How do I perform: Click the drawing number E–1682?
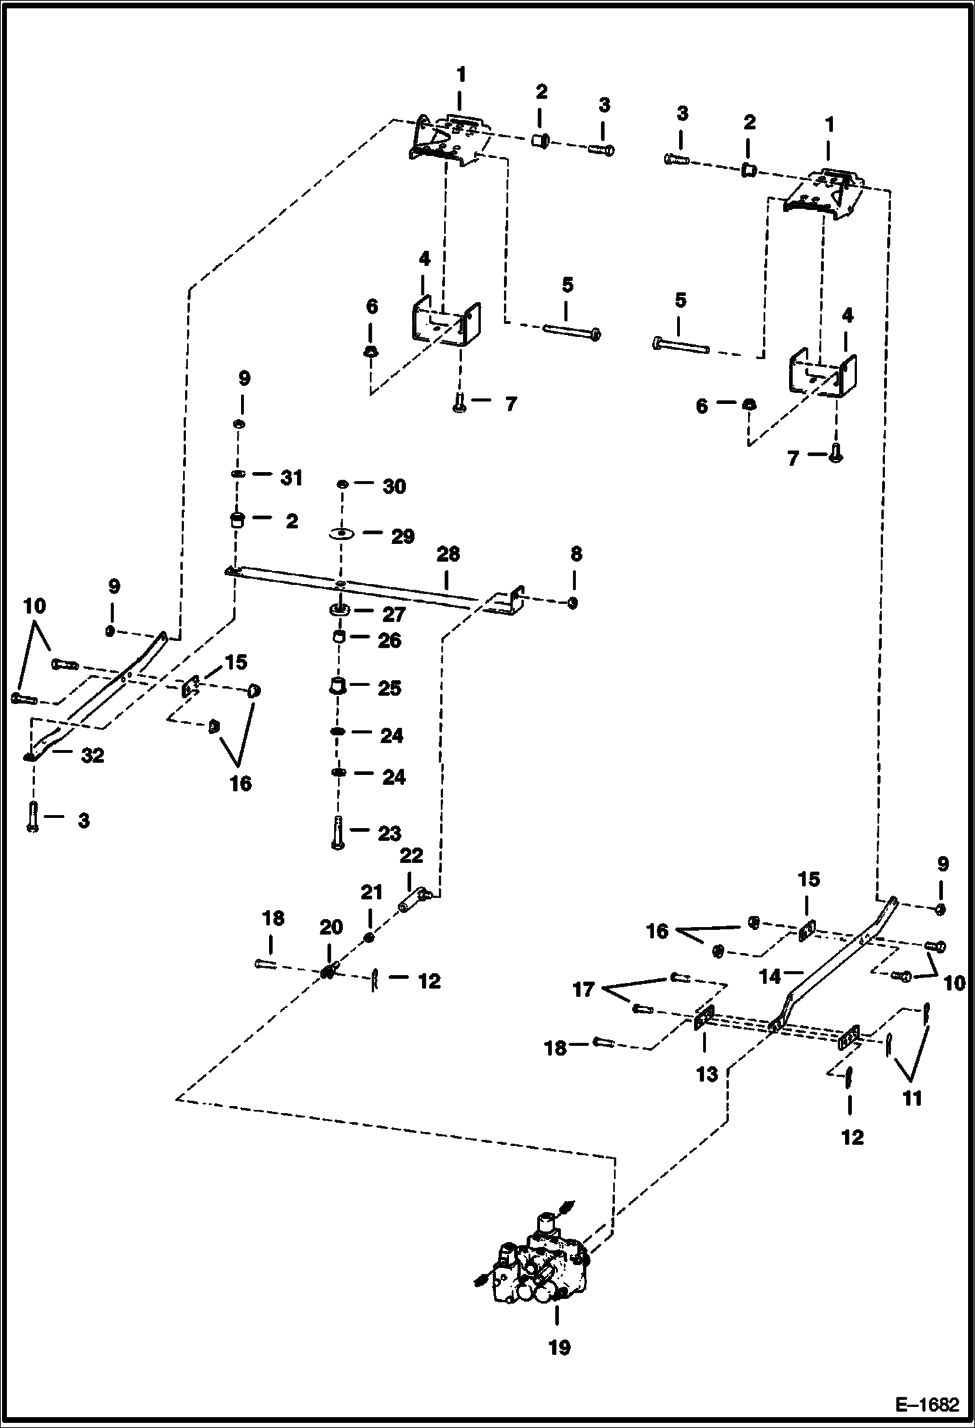[x=927, y=1405]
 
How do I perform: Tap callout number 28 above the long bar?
[x=448, y=554]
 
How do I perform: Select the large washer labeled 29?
[x=340, y=534]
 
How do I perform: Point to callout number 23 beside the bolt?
[x=390, y=832]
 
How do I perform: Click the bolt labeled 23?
[x=336, y=832]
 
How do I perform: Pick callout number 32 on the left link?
[x=92, y=755]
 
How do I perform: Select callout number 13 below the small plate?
[x=707, y=1074]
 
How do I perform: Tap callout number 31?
[x=292, y=478]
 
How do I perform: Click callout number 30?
[x=394, y=486]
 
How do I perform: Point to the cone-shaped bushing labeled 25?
[x=336, y=686]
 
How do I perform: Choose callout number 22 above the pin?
[x=411, y=855]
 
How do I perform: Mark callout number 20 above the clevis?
[x=331, y=927]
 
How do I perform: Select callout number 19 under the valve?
[x=558, y=1347]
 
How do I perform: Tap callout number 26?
[x=390, y=640]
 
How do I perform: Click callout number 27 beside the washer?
[x=394, y=614]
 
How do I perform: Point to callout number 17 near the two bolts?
[x=583, y=990]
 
